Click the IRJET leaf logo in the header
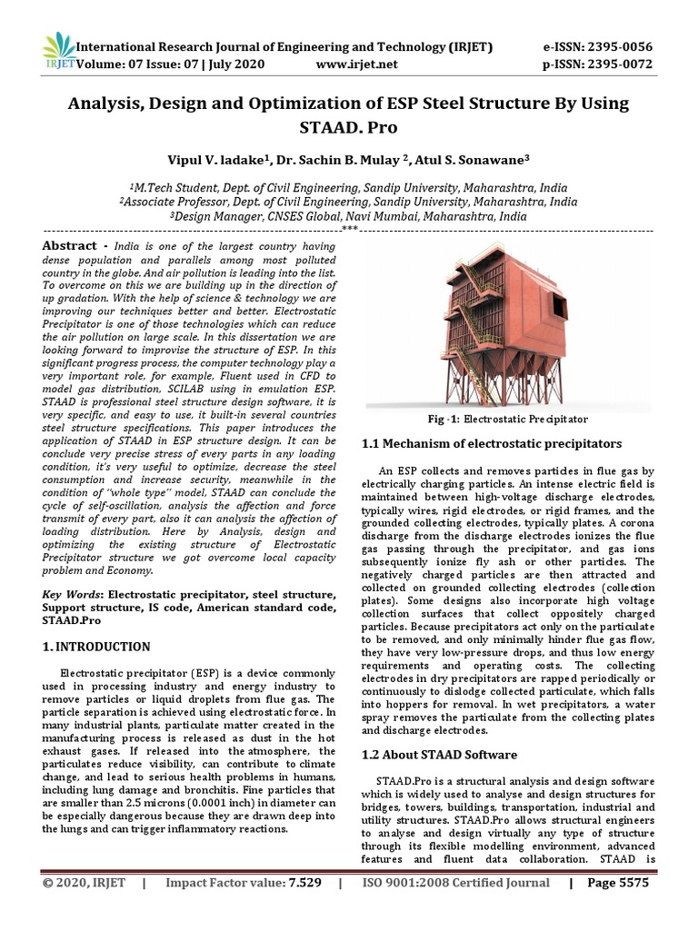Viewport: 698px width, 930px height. [59, 51]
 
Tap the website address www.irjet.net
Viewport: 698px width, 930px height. [357, 64]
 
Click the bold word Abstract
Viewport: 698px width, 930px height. [70, 246]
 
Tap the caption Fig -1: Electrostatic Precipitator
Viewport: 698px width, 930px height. [509, 420]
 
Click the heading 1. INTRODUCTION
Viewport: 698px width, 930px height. [97, 647]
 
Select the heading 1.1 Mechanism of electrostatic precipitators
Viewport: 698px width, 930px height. [492, 444]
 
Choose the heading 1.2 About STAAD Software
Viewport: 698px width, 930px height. [440, 755]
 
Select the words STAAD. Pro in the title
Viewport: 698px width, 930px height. [349, 128]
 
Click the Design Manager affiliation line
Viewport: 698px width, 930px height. [349, 217]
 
